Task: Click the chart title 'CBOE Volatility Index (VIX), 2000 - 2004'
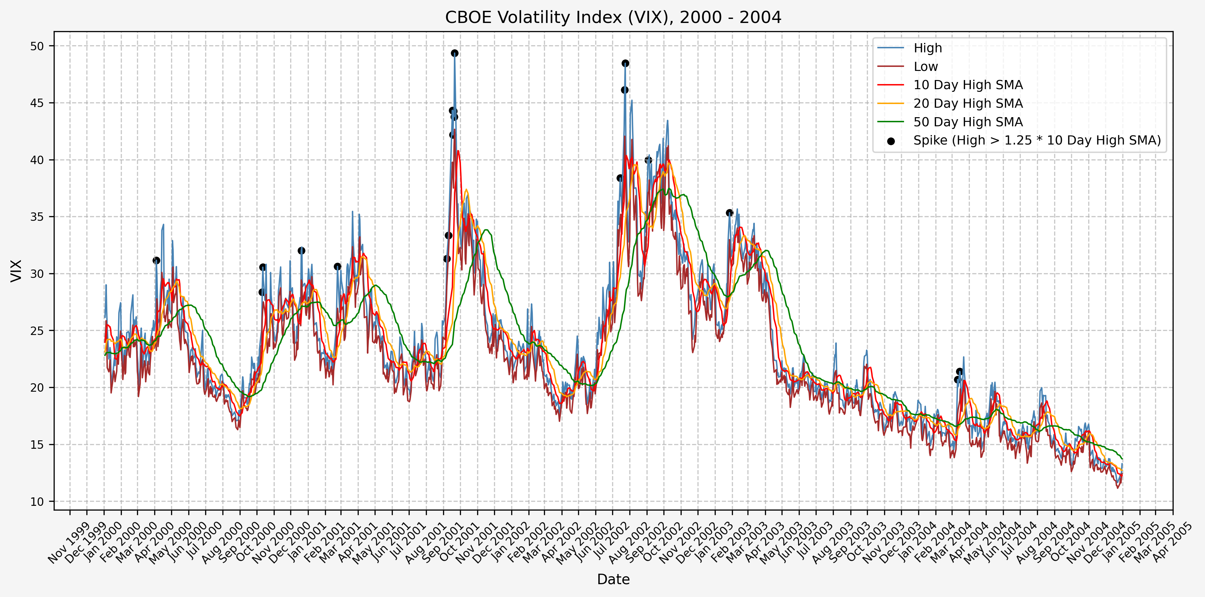[x=613, y=17]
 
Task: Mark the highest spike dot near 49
[x=455, y=53]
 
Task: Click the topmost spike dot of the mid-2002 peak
[x=625, y=63]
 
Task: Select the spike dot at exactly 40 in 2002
[x=648, y=160]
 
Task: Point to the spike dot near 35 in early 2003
[x=729, y=213]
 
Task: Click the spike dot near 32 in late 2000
[x=301, y=251]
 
